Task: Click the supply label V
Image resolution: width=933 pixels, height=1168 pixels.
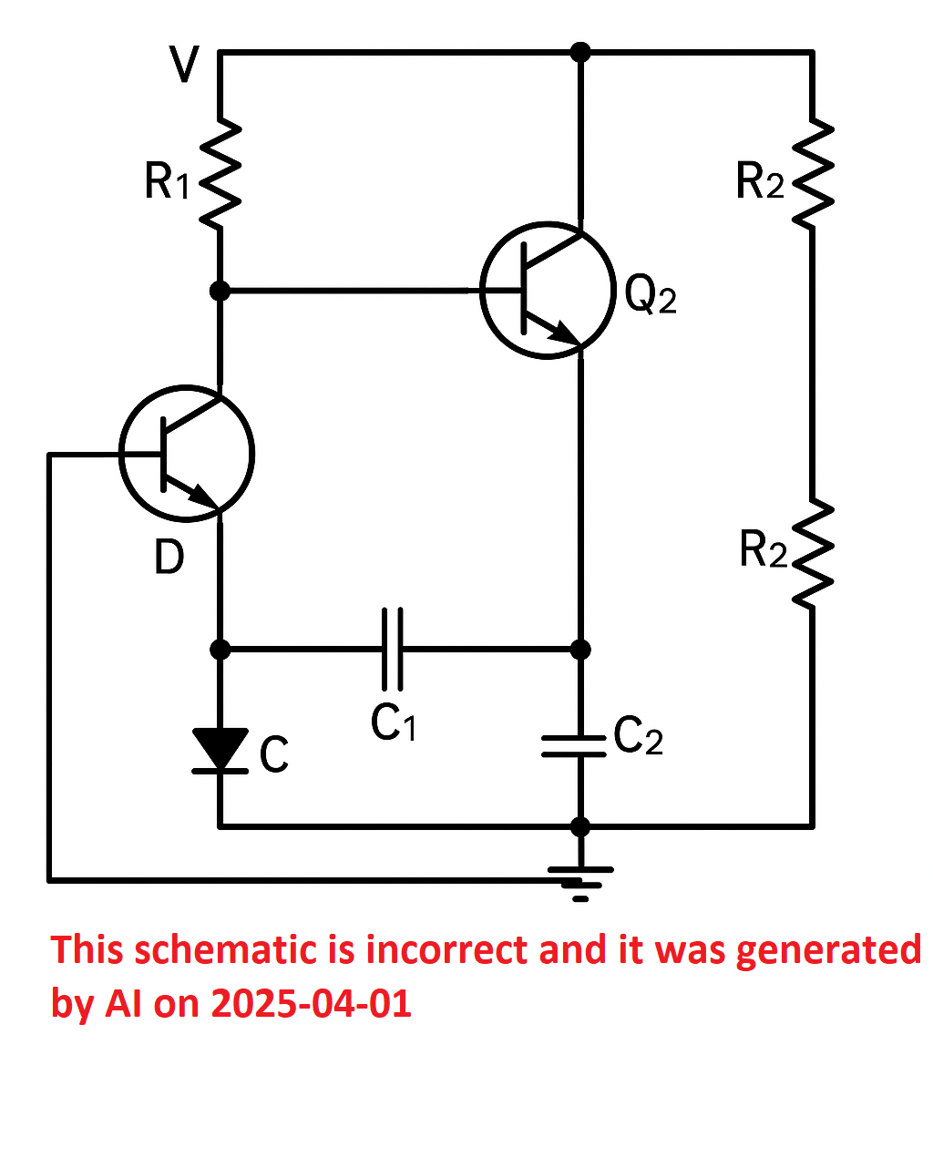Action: [184, 65]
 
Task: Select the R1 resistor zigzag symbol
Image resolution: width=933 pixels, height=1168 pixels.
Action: [220, 174]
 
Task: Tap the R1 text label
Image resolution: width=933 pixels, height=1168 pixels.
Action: [167, 181]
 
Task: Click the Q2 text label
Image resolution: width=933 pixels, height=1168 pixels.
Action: [651, 294]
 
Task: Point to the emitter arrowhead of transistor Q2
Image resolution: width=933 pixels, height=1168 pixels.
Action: [565, 333]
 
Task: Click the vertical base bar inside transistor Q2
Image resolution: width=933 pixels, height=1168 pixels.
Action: [523, 289]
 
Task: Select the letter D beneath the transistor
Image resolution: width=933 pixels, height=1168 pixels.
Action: [169, 557]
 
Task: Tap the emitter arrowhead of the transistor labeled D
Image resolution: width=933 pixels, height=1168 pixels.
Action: [203, 496]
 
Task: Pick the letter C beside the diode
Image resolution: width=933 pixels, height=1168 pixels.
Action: [273, 753]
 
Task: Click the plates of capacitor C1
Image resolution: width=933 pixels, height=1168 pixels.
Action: [393, 649]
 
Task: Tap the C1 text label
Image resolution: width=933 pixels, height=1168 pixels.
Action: [393, 723]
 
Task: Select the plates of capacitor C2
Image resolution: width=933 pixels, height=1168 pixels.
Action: [574, 746]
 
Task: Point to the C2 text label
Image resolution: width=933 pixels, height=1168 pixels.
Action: [638, 735]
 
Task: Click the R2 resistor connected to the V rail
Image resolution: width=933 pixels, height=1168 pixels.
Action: [813, 174]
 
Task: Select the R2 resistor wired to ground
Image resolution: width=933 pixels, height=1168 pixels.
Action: [813, 554]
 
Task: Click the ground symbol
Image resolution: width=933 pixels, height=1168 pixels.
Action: [580, 884]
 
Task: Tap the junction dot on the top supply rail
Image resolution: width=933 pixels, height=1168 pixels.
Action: [580, 52]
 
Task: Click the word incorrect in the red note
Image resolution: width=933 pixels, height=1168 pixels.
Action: [446, 950]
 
